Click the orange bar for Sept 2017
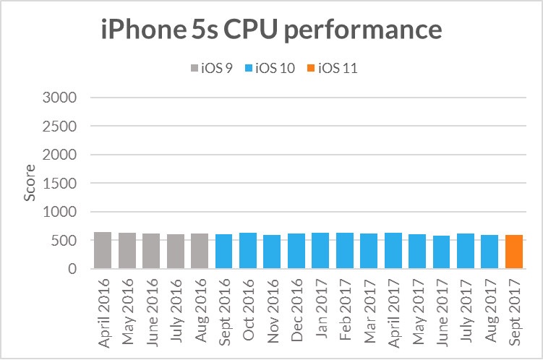point(514,252)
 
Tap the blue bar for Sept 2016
point(223,252)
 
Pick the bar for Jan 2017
point(320,251)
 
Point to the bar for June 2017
point(441,252)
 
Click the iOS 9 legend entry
point(215,69)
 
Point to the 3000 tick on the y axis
point(64,98)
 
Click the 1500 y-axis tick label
point(64,184)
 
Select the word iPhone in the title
point(138,30)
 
